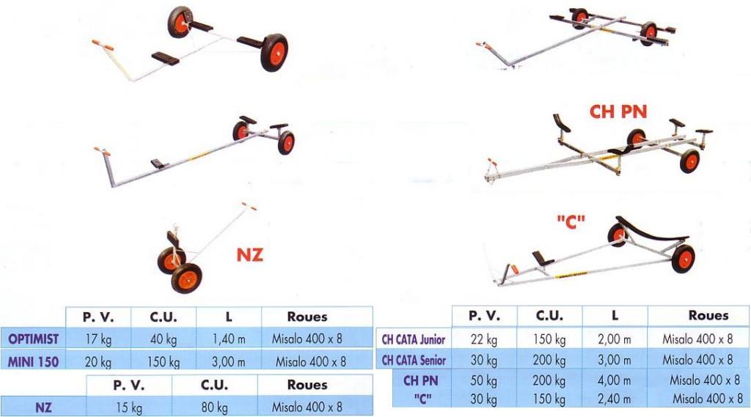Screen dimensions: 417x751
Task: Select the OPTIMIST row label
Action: pyautogui.click(x=34, y=339)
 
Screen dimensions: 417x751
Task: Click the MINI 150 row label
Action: pyautogui.click(x=34, y=361)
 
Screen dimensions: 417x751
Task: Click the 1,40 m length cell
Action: pyautogui.click(x=228, y=339)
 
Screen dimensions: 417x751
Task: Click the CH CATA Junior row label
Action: pyautogui.click(x=414, y=339)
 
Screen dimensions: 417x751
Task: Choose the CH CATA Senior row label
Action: pyautogui.click(x=414, y=360)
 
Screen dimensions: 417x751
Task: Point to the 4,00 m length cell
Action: pyautogui.click(x=615, y=380)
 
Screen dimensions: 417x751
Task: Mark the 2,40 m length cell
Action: pyautogui.click(x=615, y=399)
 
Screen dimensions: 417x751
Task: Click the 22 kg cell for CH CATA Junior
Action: pyautogui.click(x=485, y=339)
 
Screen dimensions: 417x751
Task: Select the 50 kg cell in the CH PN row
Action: pyautogui.click(x=485, y=380)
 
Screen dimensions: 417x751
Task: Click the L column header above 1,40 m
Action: pyautogui.click(x=228, y=317)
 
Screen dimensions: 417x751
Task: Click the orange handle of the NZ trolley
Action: pyautogui.click(x=250, y=207)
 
